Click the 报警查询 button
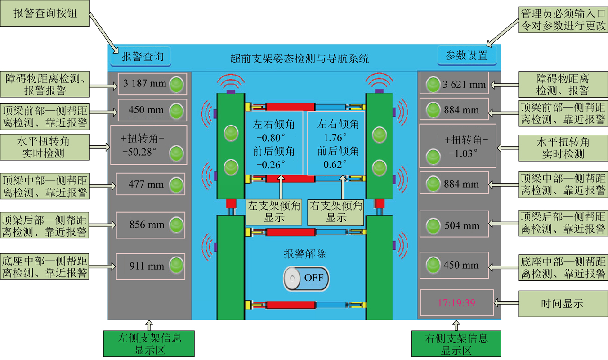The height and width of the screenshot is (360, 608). coord(141,57)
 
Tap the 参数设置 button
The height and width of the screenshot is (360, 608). coord(467,56)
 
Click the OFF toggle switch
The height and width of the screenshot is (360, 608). coord(306,278)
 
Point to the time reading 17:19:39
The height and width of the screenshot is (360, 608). coord(456,303)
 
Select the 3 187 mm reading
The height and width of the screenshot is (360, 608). coord(145,83)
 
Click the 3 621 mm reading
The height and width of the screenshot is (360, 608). coord(464,85)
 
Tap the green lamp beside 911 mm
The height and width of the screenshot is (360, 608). coord(176,265)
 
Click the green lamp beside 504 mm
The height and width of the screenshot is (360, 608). coord(433,226)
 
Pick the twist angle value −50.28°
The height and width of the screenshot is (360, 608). coord(139,152)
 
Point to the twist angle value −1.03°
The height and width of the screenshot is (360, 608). coord(463,153)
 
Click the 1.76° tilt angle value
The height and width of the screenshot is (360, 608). coord(335,138)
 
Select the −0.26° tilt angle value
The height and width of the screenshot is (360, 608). coord(271,165)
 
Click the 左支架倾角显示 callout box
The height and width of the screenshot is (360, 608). coord(273,212)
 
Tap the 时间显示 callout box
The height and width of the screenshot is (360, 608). coord(563,304)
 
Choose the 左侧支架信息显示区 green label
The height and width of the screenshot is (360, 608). coord(149,344)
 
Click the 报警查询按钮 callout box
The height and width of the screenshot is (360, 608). coord(45,13)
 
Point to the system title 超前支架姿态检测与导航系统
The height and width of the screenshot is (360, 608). coord(300,58)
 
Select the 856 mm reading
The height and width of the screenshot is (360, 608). coord(147,225)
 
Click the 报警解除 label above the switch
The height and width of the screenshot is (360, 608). coord(305,254)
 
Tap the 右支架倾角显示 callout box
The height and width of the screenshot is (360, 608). coord(336,212)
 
